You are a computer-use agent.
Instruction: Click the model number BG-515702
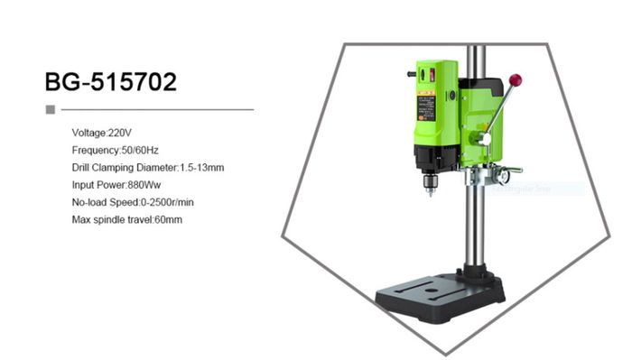110,82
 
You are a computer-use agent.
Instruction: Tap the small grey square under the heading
51,109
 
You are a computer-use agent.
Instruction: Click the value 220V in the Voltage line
120,133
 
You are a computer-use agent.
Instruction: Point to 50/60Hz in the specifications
140,150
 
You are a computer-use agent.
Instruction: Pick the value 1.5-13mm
201,168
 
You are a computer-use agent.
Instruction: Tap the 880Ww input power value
144,185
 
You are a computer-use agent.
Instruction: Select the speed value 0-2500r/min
167,202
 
